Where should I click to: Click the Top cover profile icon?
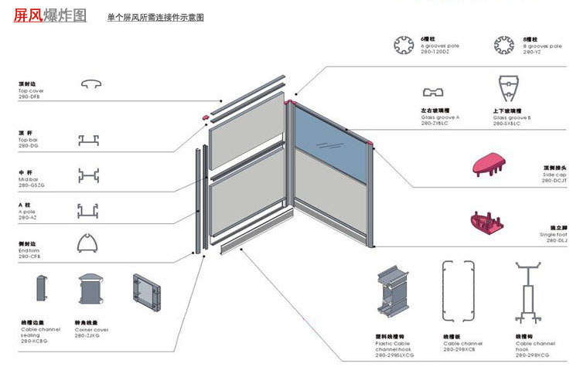(90, 83)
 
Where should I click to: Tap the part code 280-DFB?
(29, 97)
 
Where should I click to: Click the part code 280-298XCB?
(459, 349)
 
